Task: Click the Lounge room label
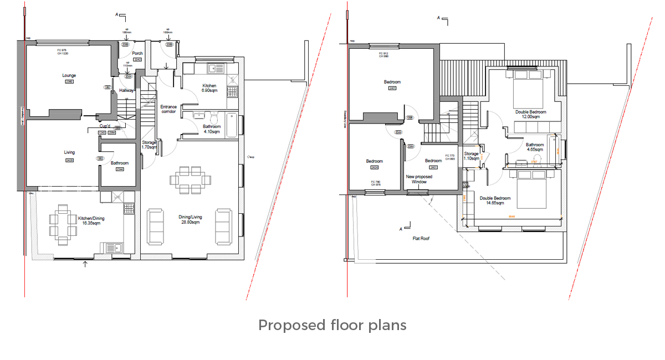[x=69, y=75]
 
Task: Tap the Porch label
[x=137, y=54]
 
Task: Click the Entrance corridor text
[x=168, y=109]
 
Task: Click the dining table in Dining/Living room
[x=191, y=179]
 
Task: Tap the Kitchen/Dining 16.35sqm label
[x=91, y=221]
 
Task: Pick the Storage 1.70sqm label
[x=149, y=145]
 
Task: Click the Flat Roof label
[x=421, y=239]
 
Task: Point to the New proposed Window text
[x=419, y=179]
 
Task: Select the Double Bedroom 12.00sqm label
[x=531, y=115]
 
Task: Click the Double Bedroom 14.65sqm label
[x=493, y=200]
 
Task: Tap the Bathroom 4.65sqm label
[x=535, y=147]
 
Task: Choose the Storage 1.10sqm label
[x=471, y=156]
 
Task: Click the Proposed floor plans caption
[x=332, y=325]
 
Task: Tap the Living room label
[x=69, y=152]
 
